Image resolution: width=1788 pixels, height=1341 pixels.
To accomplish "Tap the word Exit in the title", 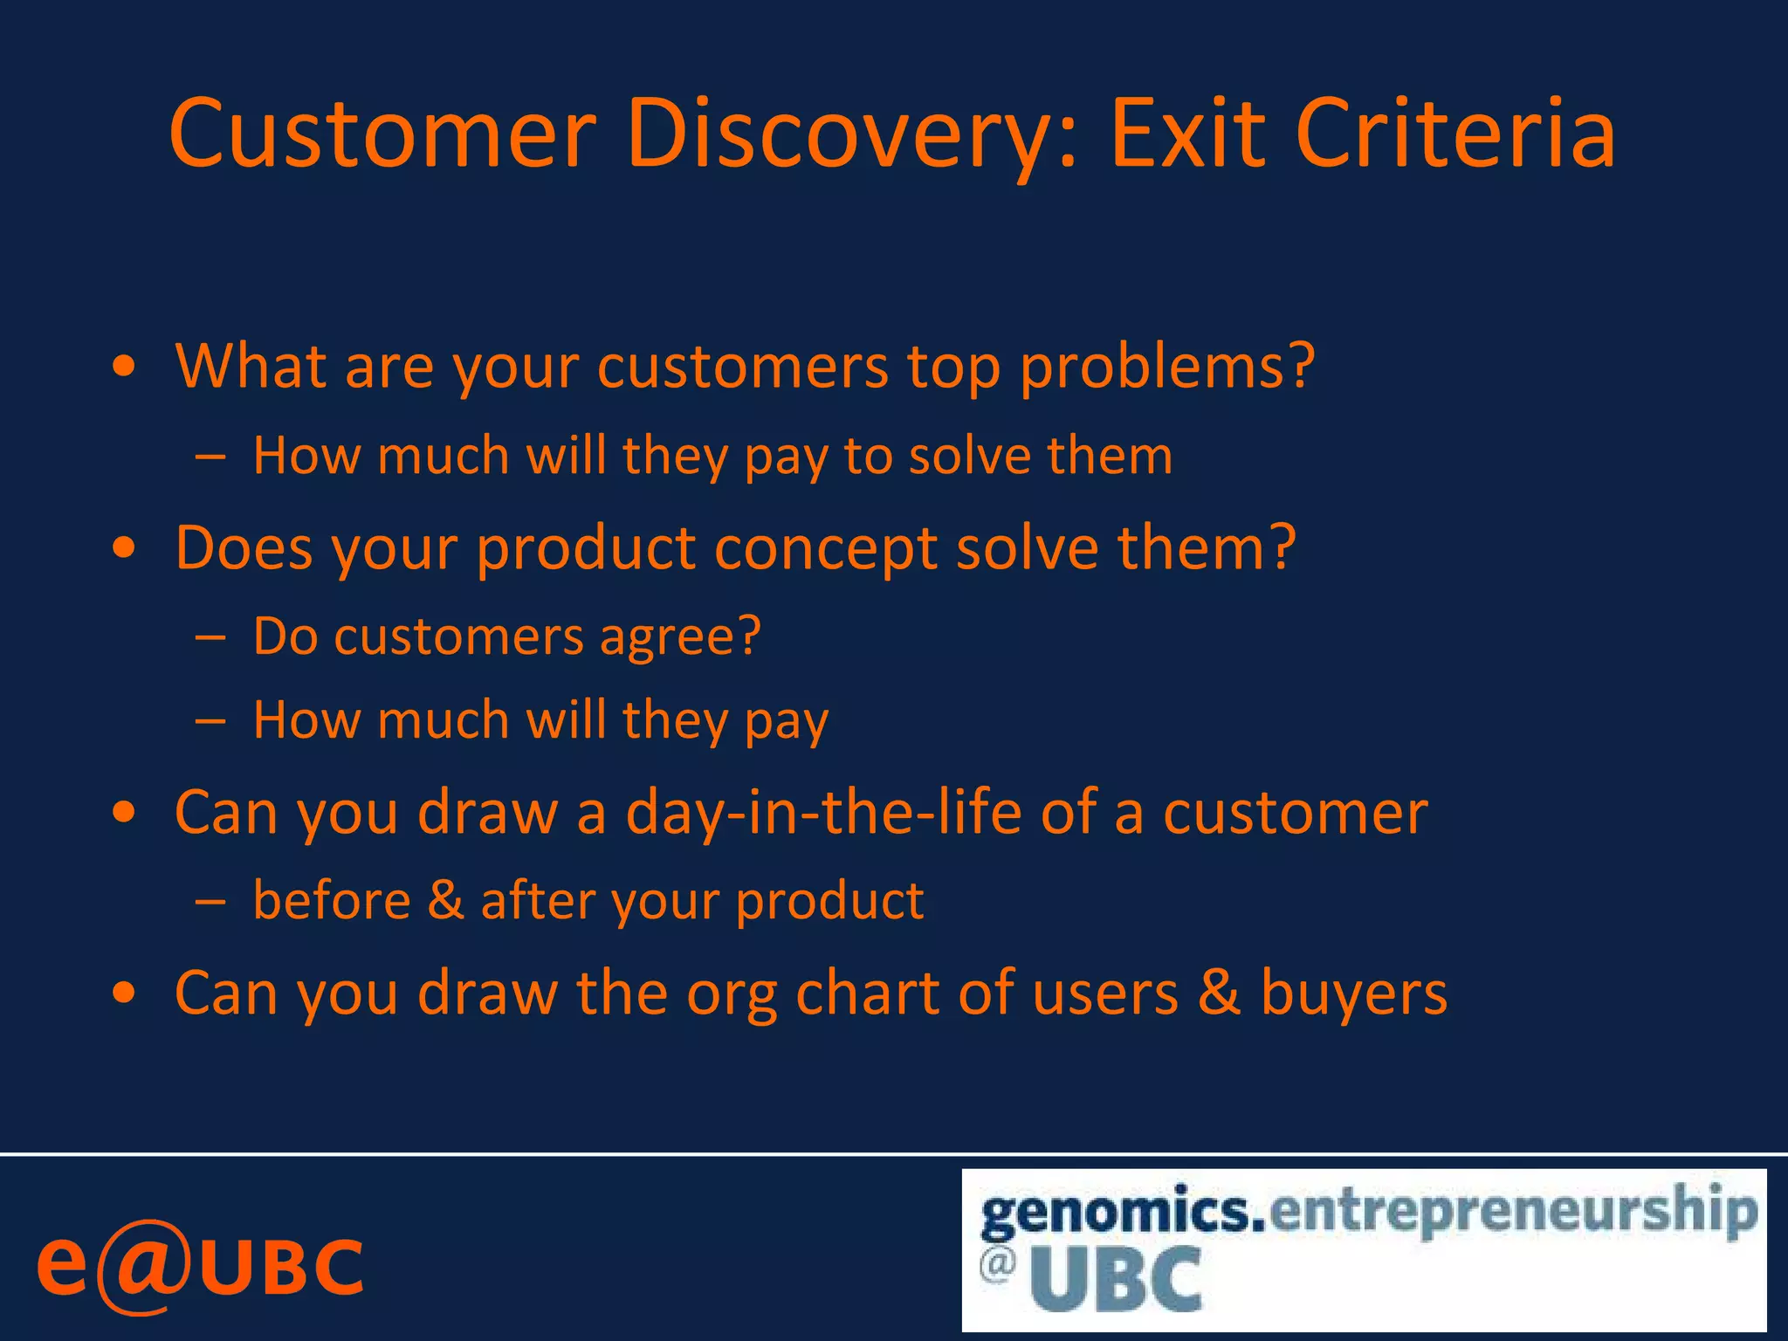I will click(1186, 135).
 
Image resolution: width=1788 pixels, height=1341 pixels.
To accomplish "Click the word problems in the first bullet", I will click(1166, 367).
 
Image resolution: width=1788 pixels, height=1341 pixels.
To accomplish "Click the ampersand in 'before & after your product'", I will click(445, 900).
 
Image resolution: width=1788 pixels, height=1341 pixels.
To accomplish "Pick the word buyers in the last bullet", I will click(1354, 994).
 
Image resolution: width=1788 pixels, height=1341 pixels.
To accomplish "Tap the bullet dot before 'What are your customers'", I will click(125, 368).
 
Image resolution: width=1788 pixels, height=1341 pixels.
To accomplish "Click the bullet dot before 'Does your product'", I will click(125, 549).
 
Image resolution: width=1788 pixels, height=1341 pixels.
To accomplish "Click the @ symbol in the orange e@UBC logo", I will click(142, 1267).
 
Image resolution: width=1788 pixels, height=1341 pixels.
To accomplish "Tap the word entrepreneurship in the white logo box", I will click(1513, 1211).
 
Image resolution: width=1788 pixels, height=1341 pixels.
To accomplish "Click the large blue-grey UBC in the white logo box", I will click(1117, 1280).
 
